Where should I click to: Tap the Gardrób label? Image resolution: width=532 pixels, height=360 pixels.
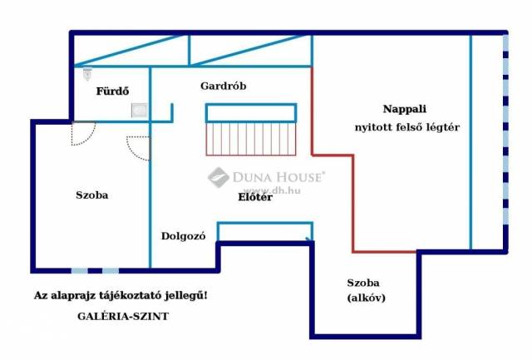point(224,86)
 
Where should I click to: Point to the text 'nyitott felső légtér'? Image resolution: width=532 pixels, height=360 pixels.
point(405,127)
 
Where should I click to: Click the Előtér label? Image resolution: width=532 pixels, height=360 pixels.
point(255,197)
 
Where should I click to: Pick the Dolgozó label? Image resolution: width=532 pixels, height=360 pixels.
point(183,236)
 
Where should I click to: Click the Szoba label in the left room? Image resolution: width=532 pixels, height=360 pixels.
point(92,195)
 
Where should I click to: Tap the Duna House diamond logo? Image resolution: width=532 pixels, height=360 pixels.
point(219,177)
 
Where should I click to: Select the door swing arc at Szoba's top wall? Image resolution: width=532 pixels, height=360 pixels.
point(84,131)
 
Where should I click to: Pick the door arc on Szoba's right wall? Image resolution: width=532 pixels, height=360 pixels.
point(140,148)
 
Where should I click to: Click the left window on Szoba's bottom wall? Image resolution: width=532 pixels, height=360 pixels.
point(79,270)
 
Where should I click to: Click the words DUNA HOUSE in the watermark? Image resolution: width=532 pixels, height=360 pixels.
point(280,175)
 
